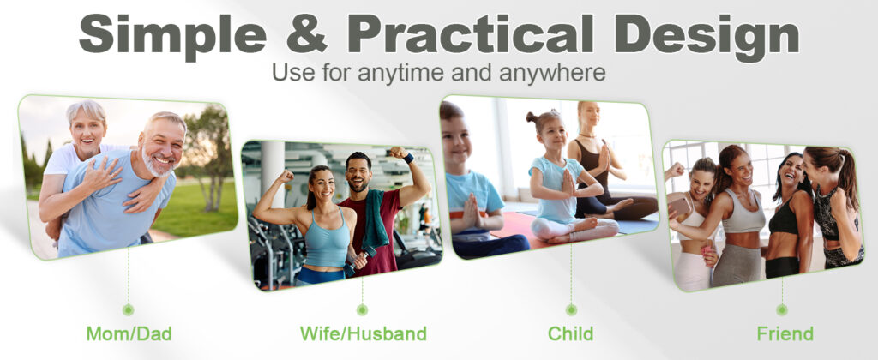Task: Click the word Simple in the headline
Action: click(x=172, y=34)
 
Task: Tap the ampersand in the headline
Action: click(x=307, y=33)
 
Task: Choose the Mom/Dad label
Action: click(x=129, y=334)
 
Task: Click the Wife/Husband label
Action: click(x=364, y=334)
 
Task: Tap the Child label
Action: click(x=570, y=334)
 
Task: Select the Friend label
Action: click(x=785, y=334)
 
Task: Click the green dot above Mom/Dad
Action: click(x=129, y=309)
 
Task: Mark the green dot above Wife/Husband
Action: click(x=363, y=309)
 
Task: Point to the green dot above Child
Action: click(x=571, y=309)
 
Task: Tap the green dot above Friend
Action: click(x=782, y=309)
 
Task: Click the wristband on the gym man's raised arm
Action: click(x=408, y=158)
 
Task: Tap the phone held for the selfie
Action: click(x=680, y=207)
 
